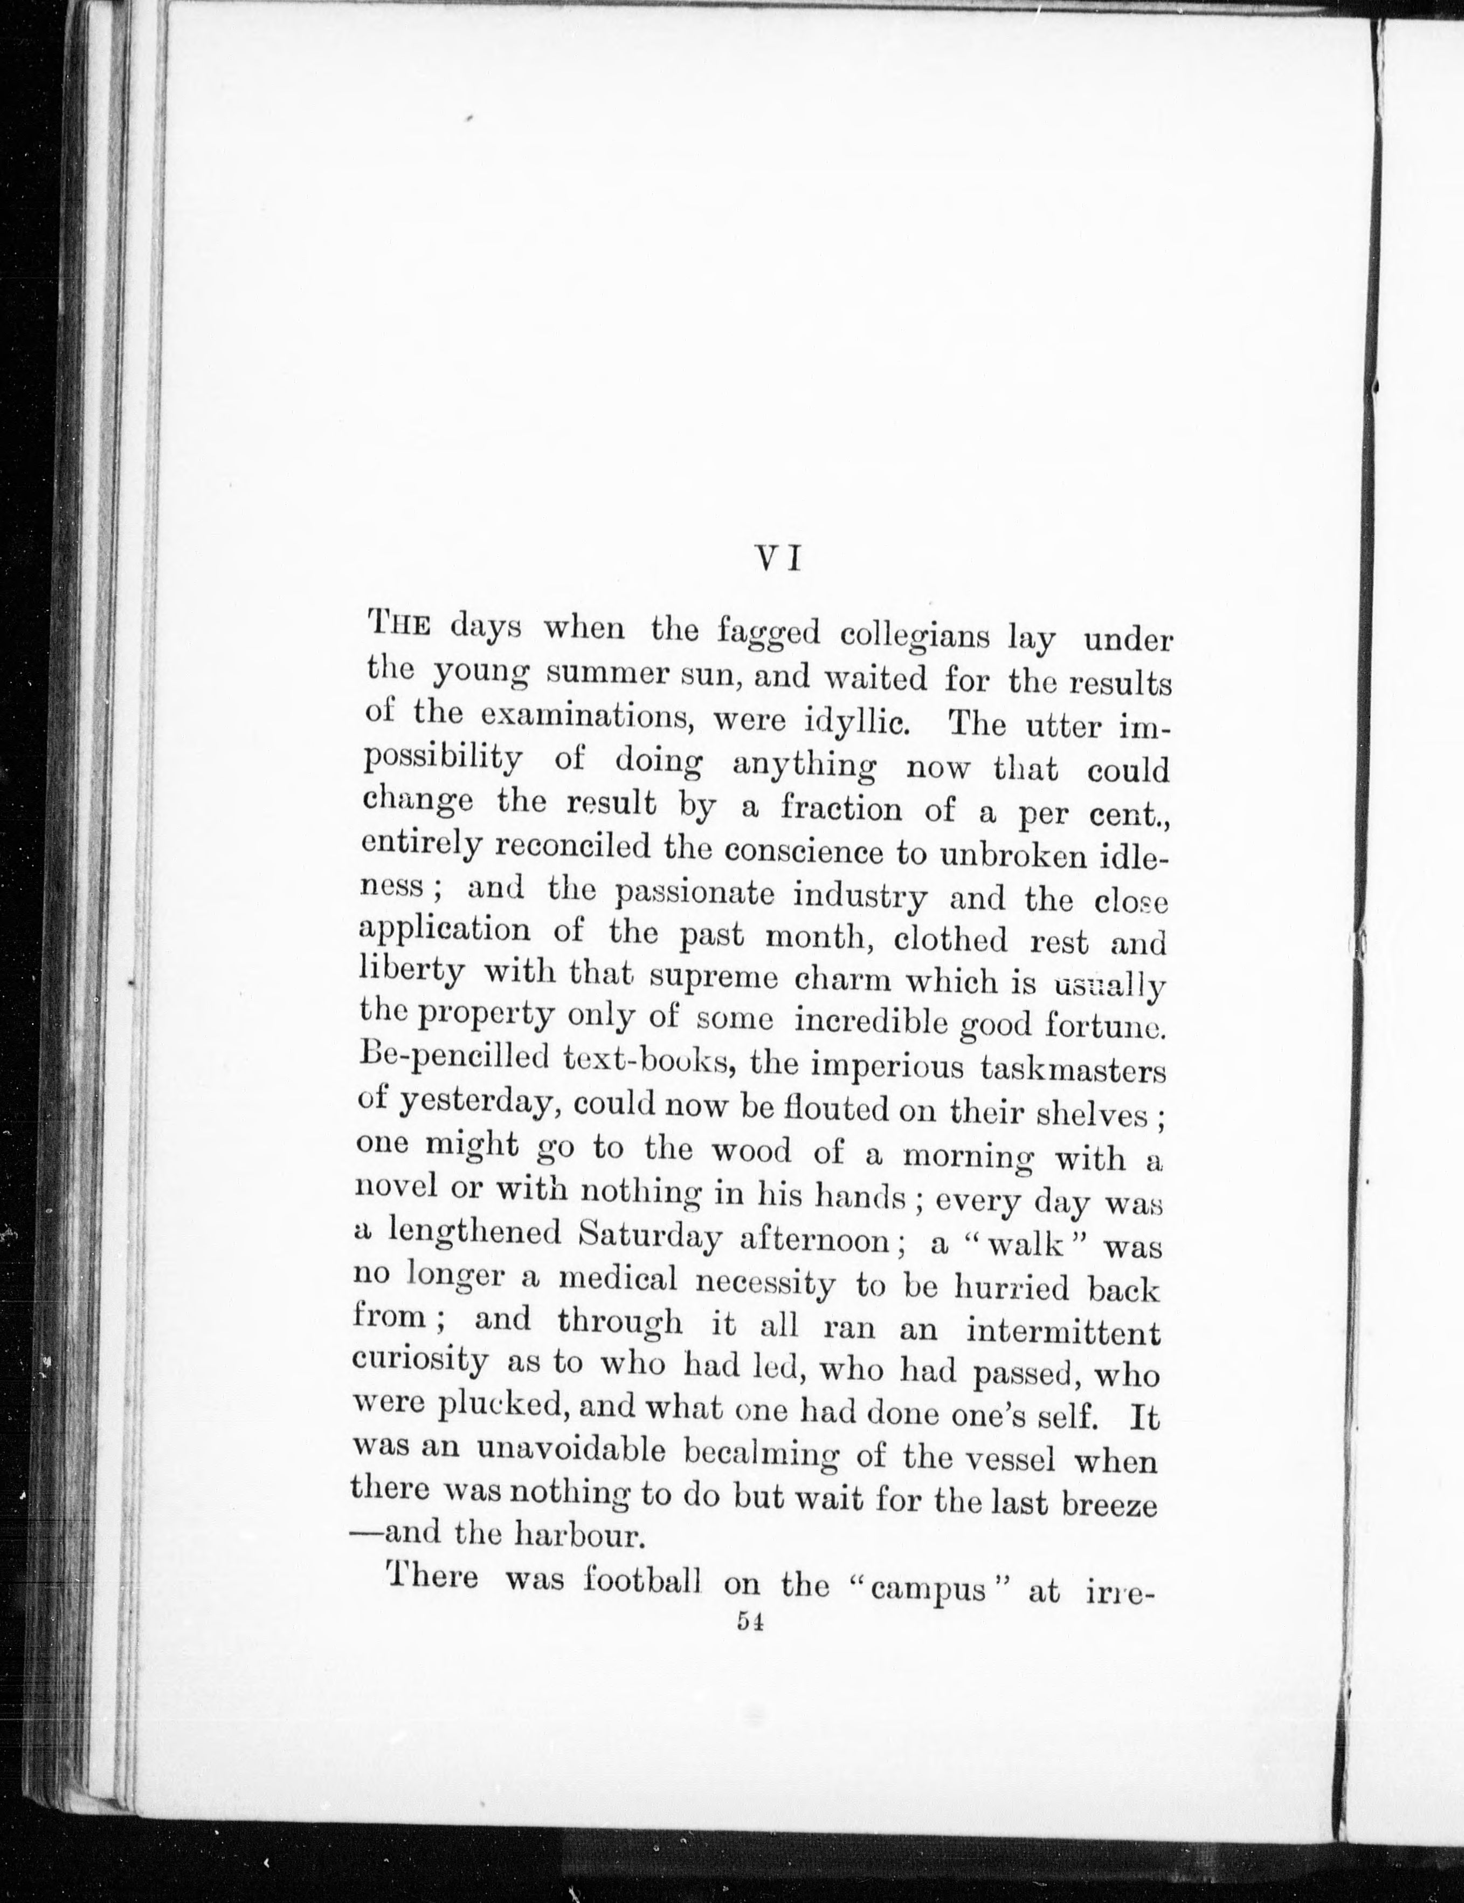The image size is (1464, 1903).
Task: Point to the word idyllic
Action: (x=857, y=722)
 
